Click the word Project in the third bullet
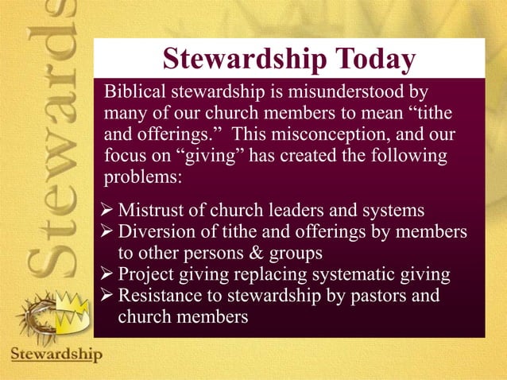pos(145,275)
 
